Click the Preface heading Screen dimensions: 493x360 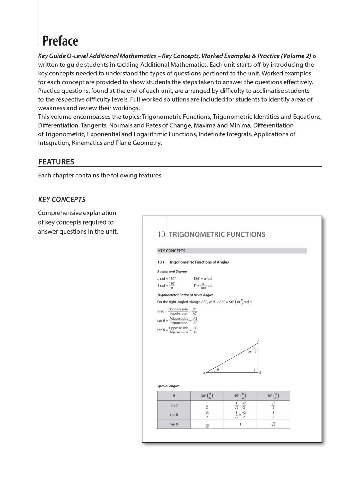(60, 41)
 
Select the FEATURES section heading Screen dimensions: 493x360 (56, 162)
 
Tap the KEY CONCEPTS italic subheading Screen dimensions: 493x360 (62, 199)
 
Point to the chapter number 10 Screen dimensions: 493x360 (161, 234)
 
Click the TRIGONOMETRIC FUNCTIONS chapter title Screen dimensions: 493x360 (217, 234)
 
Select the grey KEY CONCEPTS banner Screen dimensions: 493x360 (232, 251)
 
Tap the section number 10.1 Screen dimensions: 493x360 (161, 262)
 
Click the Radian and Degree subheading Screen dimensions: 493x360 (172, 272)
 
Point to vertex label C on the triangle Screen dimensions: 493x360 (258, 341)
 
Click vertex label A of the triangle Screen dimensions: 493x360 (204, 373)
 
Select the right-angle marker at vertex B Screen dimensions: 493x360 (256, 371)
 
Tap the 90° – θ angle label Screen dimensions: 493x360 (252, 352)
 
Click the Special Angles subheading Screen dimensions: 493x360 (168, 386)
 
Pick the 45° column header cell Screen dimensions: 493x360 (240, 396)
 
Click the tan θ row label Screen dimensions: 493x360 (174, 424)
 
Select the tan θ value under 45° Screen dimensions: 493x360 (240, 424)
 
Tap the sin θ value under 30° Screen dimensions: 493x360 (207, 405)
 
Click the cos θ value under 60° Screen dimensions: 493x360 (273, 415)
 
